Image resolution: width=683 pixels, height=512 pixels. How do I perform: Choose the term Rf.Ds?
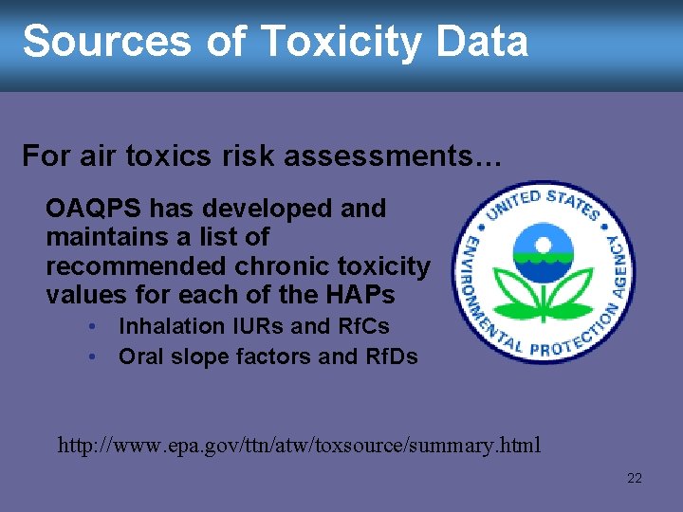point(391,357)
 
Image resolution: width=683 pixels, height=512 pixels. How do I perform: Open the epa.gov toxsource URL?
point(299,444)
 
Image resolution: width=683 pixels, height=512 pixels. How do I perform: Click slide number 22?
point(635,478)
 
